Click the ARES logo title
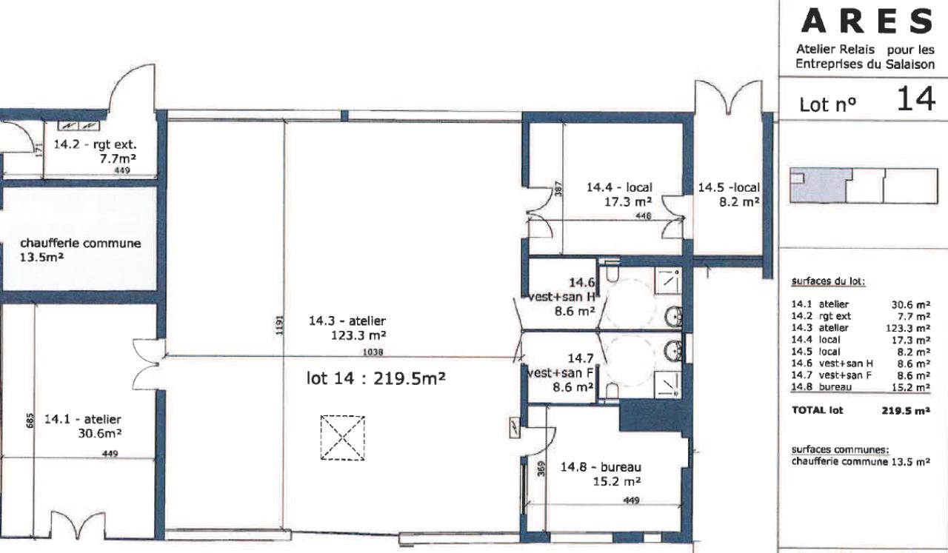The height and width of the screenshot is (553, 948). pyautogui.click(x=867, y=21)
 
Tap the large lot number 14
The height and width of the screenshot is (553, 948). pyautogui.click(x=916, y=99)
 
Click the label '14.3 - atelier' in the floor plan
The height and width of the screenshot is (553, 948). pyautogui.click(x=347, y=321)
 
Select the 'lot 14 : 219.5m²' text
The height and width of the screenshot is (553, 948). pyautogui.click(x=375, y=378)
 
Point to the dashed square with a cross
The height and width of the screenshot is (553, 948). pyautogui.click(x=342, y=438)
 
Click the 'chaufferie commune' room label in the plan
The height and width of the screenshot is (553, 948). pyautogui.click(x=81, y=244)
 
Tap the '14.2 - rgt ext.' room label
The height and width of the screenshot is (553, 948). pyautogui.click(x=96, y=144)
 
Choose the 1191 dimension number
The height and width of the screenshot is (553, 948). pyautogui.click(x=279, y=325)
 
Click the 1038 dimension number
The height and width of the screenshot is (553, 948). pyautogui.click(x=373, y=352)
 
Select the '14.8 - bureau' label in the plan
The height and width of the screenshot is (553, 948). pyautogui.click(x=601, y=467)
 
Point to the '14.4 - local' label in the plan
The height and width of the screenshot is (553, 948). pyautogui.click(x=619, y=187)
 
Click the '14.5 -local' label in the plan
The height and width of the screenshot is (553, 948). pyautogui.click(x=729, y=187)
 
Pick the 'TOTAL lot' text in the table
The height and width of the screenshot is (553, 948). pyautogui.click(x=817, y=410)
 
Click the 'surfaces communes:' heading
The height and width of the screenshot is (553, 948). pyautogui.click(x=840, y=449)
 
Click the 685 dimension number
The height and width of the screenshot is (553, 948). pyautogui.click(x=30, y=420)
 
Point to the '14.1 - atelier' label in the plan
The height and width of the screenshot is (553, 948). pyautogui.click(x=83, y=419)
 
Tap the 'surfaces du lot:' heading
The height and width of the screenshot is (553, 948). pyautogui.click(x=828, y=282)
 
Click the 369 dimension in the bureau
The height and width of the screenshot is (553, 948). pyautogui.click(x=541, y=469)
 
